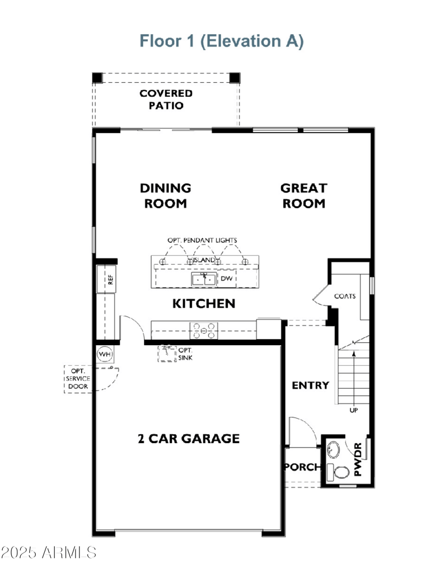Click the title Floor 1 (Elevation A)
222,41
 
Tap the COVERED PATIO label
166,100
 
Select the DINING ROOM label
166,196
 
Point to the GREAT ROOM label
304,196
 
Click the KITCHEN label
203,304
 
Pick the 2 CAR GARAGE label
189,439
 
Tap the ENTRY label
310,385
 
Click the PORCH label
303,467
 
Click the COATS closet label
344,296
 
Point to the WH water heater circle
104,354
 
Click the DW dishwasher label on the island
226,278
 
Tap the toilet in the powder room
339,472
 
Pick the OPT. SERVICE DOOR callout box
78,379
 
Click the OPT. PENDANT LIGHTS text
202,240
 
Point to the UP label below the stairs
353,410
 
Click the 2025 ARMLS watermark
49,553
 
